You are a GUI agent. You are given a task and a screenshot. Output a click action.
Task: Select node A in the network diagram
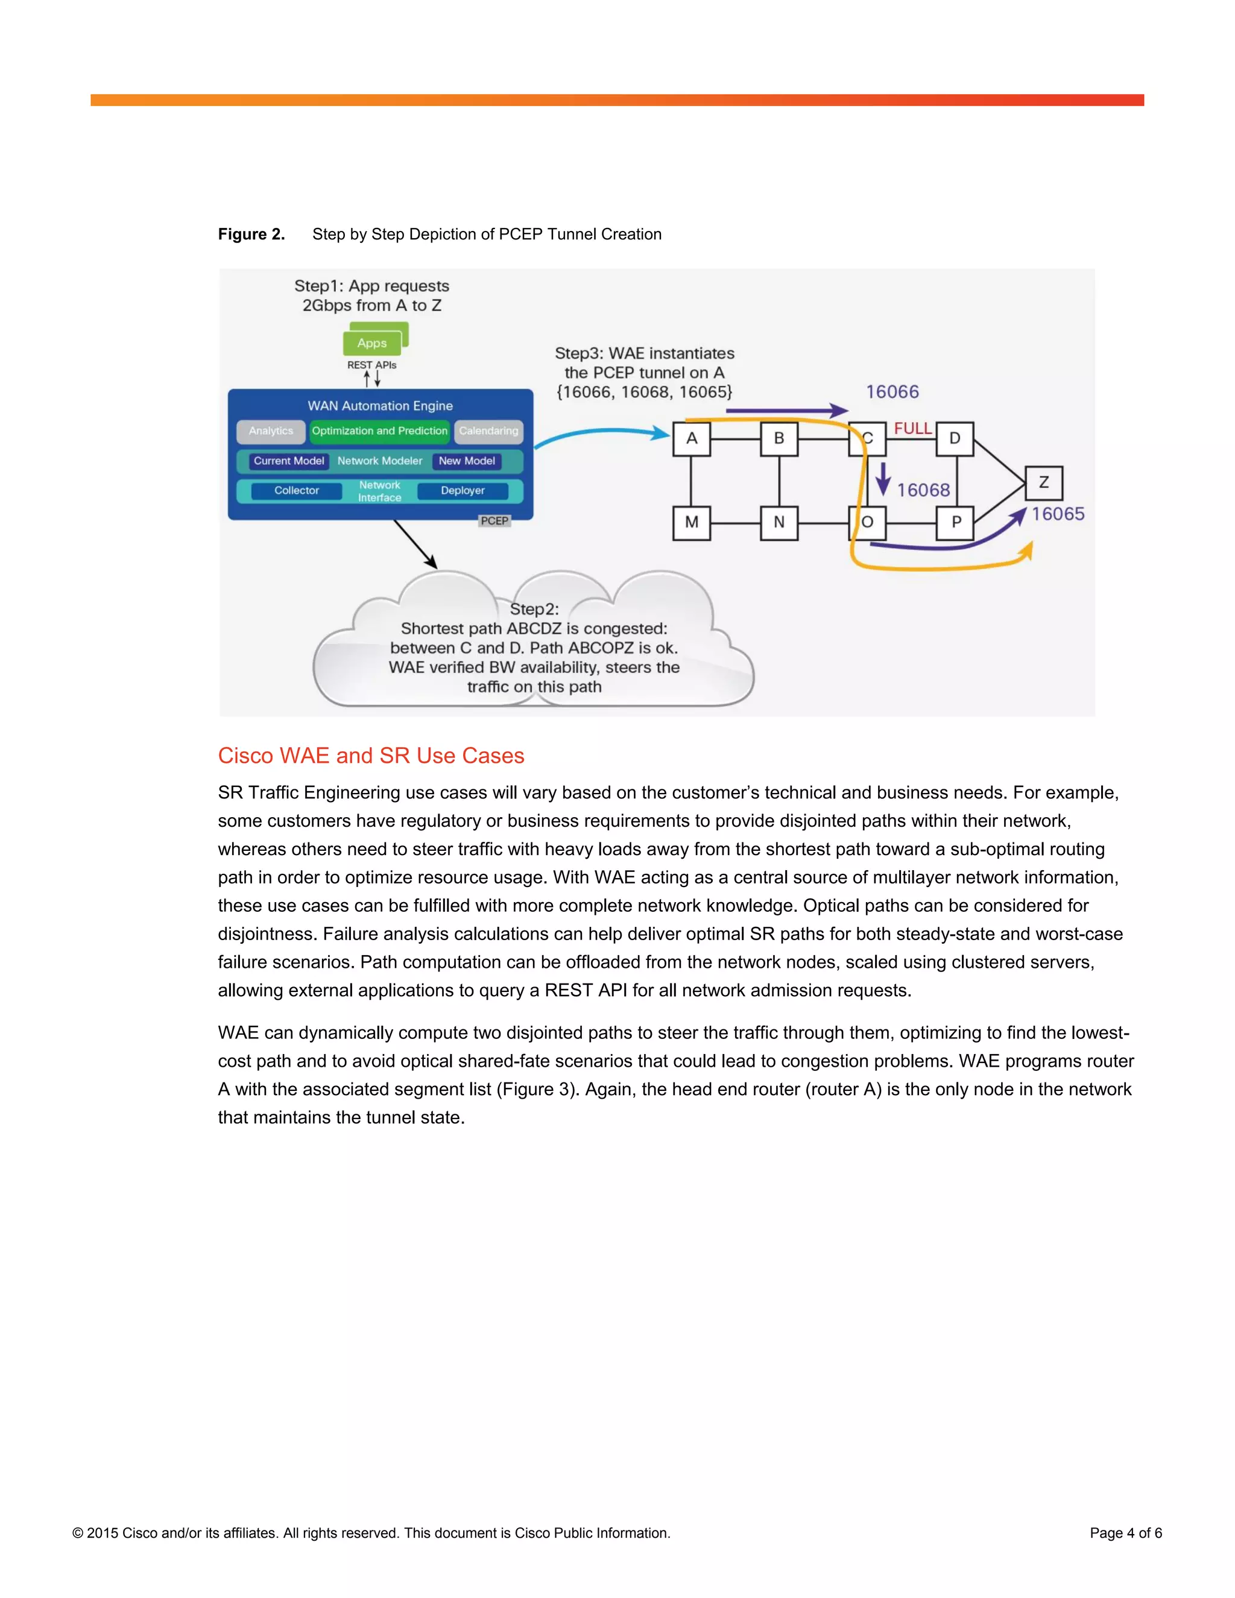(692, 438)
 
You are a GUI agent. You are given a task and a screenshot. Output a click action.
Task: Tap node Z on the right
(1043, 483)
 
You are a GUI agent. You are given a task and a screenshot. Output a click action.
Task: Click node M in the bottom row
(692, 522)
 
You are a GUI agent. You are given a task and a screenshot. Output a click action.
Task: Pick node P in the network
(956, 522)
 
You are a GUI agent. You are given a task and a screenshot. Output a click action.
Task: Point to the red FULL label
(912, 428)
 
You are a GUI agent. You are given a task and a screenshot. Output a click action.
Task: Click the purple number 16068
(923, 490)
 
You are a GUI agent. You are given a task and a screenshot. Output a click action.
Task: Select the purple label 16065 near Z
(1058, 514)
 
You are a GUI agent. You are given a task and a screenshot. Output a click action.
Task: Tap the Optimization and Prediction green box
(379, 431)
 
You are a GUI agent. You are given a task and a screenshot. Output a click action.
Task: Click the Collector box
(296, 490)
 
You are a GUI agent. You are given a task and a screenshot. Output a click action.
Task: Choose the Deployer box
(463, 490)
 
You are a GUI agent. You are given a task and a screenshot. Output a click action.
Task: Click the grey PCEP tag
(494, 521)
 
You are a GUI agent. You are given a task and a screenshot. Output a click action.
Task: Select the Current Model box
(288, 461)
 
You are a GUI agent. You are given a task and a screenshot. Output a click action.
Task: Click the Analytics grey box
(271, 431)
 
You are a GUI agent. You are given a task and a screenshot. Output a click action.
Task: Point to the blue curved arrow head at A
(662, 434)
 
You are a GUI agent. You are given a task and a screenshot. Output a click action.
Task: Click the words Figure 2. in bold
(251, 234)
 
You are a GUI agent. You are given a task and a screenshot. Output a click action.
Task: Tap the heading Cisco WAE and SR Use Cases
(371, 755)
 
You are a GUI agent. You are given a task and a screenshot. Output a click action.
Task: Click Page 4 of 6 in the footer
(1125, 1533)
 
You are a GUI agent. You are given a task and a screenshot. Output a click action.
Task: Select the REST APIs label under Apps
(371, 365)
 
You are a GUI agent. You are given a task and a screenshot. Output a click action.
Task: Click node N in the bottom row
(779, 522)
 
